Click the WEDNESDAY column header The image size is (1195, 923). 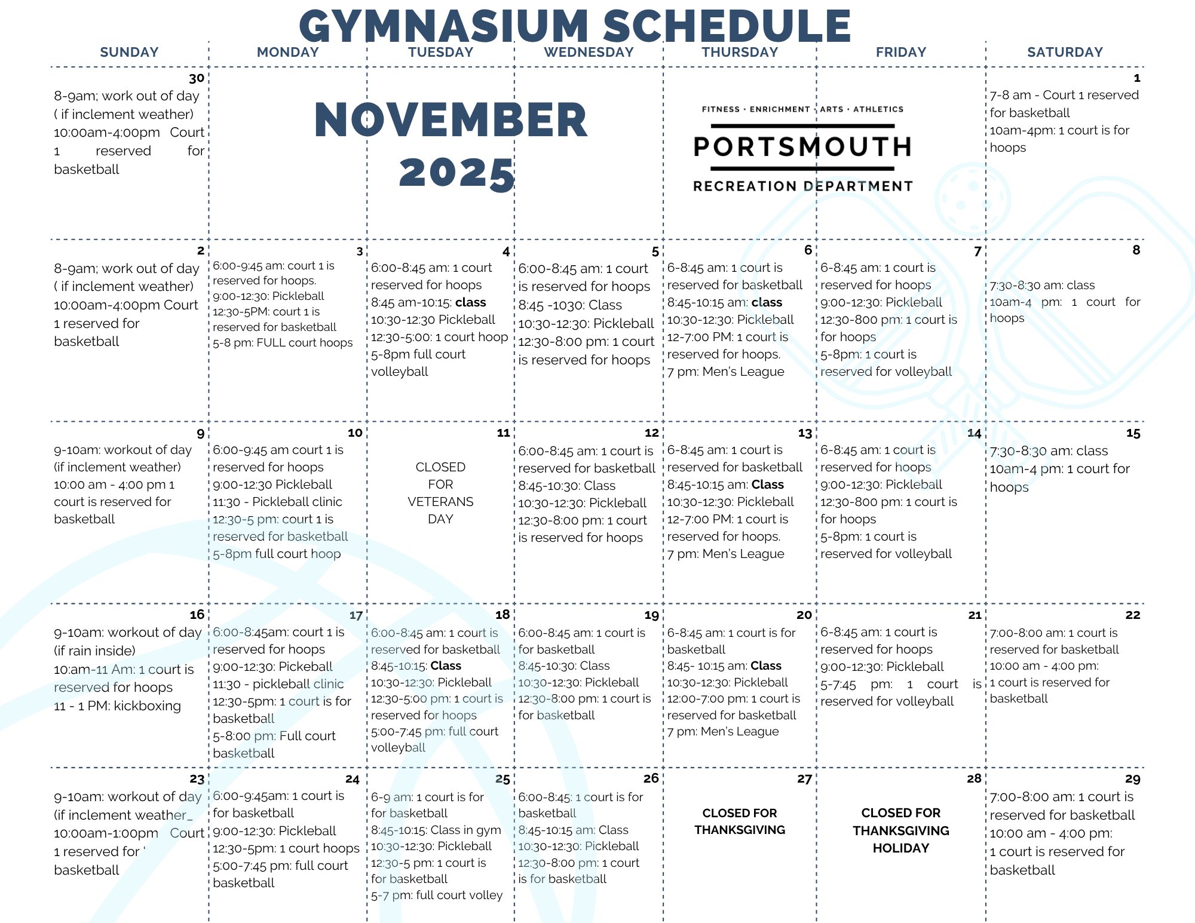(x=589, y=53)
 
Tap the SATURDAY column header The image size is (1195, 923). (x=1065, y=53)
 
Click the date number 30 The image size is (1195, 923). (x=197, y=78)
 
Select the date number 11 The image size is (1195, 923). (x=504, y=433)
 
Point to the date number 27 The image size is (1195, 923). (x=804, y=779)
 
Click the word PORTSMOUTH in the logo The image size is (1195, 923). (x=802, y=147)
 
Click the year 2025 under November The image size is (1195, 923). (x=457, y=174)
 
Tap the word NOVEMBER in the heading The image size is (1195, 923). (x=451, y=121)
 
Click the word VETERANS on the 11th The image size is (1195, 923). (x=440, y=502)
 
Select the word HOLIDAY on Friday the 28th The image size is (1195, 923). (x=900, y=848)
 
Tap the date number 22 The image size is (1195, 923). (x=1132, y=615)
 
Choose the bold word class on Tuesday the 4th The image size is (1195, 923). (x=470, y=303)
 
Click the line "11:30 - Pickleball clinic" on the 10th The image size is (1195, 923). (x=277, y=502)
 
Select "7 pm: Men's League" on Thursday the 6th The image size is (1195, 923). (x=725, y=372)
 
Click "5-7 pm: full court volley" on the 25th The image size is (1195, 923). (x=436, y=895)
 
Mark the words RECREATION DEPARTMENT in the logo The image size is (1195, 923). (x=802, y=186)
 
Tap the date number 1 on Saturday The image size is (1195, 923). (x=1136, y=78)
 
